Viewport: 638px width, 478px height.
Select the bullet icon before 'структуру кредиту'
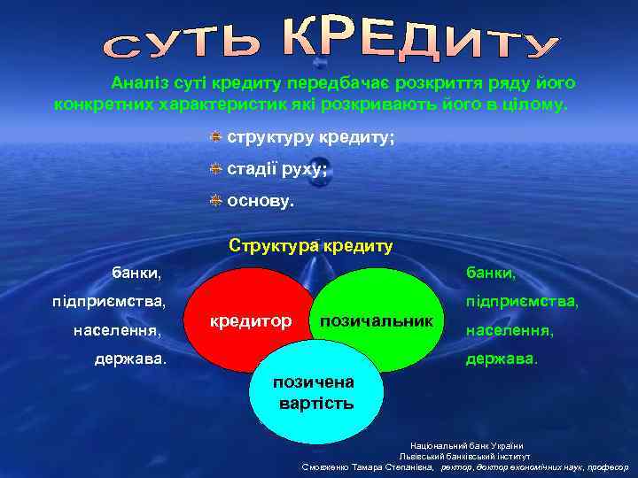tap(215, 138)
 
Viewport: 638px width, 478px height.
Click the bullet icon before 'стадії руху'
tap(215, 169)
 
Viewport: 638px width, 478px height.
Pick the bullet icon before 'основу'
tap(215, 201)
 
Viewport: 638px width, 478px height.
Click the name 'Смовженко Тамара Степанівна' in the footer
tap(368, 466)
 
